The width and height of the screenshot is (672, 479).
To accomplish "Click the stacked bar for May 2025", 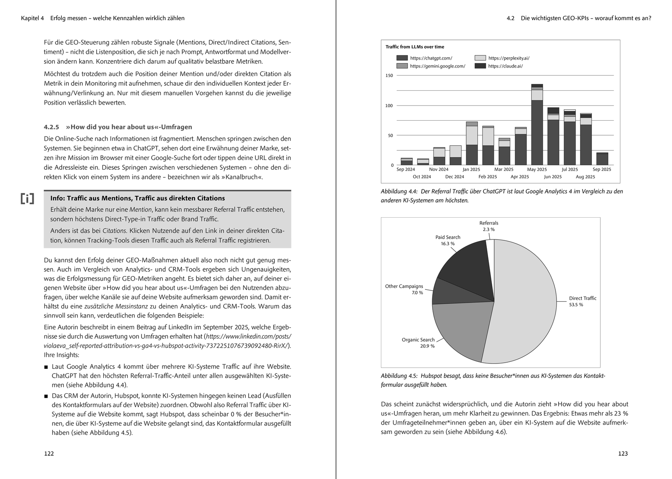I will point(537,126).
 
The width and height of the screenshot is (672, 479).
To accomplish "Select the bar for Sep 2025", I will point(602,159).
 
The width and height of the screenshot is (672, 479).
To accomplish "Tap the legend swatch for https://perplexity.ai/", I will point(480,58).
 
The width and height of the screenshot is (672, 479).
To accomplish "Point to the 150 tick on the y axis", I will point(389,76).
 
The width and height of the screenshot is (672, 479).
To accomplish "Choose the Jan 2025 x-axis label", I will point(471,169).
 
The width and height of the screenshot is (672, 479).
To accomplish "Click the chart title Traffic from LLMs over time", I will point(415,47).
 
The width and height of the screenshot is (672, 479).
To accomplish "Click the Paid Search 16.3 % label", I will point(448,240).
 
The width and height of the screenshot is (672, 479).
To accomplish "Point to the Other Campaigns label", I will point(404,286).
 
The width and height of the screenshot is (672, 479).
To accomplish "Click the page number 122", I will point(49,453).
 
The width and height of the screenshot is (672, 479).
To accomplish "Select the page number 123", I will point(623,453).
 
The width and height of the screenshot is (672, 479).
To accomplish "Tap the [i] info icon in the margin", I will point(27,199).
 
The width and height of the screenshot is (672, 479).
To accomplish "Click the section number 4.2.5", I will point(52,127).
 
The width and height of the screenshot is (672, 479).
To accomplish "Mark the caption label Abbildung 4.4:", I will point(399,191).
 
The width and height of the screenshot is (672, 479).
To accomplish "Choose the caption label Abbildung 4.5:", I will point(399,376).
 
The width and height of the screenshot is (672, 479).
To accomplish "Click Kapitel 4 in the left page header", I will point(32,18).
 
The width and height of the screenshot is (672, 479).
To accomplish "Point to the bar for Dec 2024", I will point(455,155).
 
